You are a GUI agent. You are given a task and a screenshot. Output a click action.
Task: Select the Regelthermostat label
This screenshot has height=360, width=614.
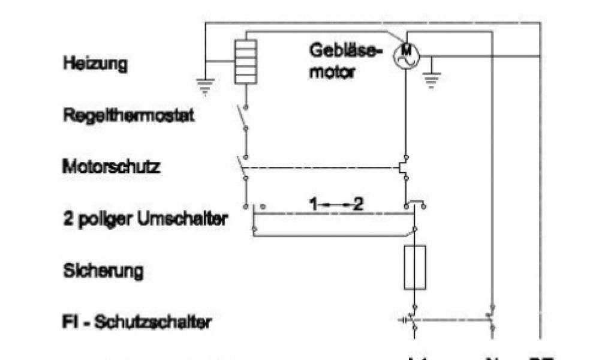128,116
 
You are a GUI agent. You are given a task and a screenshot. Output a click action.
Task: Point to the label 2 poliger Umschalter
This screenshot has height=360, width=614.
145,219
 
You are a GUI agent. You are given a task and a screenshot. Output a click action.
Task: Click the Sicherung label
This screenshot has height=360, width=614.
103,271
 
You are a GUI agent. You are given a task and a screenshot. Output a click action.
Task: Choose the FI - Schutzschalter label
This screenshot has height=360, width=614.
137,323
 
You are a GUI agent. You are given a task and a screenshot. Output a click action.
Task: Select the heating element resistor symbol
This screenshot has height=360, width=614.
246,61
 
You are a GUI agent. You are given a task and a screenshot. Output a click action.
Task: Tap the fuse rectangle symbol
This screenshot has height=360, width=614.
415,267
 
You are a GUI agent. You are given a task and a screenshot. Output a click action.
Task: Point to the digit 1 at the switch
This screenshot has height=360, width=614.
313,205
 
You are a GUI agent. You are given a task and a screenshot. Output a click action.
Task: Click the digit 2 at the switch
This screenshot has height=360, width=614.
358,205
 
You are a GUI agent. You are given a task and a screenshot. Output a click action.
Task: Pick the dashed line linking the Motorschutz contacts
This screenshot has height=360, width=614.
324,168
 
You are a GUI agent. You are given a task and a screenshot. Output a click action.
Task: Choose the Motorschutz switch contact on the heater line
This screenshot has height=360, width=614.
243,169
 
